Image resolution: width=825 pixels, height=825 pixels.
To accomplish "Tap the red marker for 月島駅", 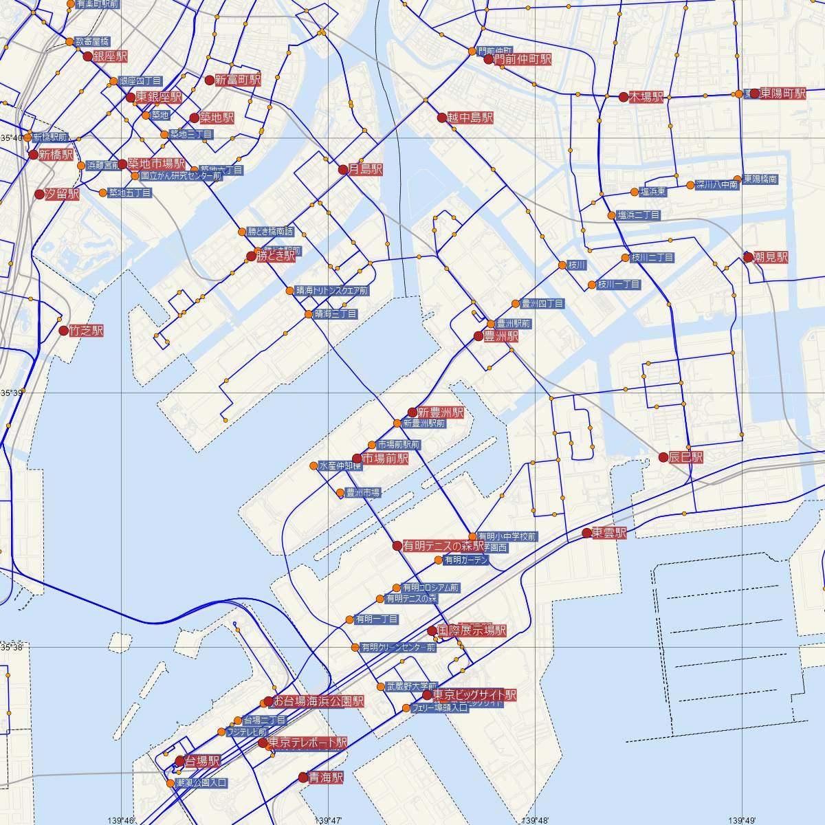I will coord(344,169).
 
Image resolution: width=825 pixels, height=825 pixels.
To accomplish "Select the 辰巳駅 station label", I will coord(687,457).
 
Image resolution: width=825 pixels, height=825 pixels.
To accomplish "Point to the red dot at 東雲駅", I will coord(586,533).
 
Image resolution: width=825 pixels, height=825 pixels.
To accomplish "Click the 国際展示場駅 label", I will coord(472,630).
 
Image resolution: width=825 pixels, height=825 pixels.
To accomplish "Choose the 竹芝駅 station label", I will coord(86,331).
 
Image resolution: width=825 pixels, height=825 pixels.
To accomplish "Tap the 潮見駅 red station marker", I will coord(748,257).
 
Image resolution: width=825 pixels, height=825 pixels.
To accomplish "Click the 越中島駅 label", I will coord(470,118).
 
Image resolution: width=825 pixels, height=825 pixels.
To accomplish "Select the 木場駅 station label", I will coord(646,97).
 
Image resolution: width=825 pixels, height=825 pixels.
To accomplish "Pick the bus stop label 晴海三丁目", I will coord(335,314).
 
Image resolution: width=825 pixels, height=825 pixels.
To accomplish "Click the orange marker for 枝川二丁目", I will coord(625,258).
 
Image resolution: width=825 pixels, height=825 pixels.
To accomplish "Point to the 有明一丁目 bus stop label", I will coord(376,619).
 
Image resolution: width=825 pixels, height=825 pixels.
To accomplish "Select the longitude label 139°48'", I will coord(535,819).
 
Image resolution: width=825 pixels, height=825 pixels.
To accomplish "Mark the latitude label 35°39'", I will coord(12,393).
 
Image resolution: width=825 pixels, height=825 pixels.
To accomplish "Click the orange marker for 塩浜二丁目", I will coord(611,215).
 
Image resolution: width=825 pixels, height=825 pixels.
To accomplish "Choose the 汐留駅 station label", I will coord(62,194).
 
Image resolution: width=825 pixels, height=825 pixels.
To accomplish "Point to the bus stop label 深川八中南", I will coord(716,185).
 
